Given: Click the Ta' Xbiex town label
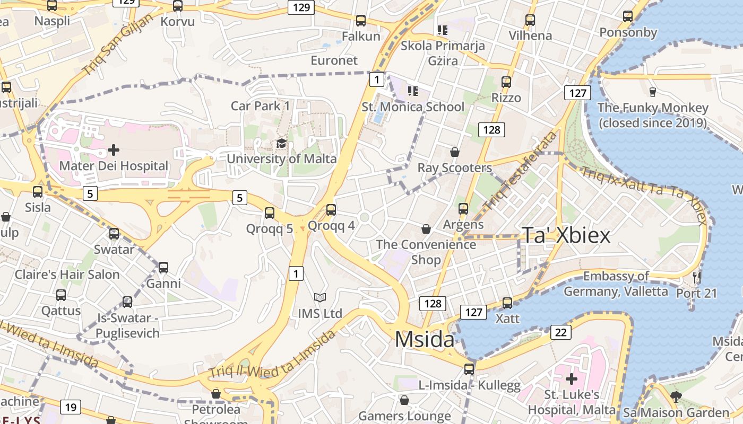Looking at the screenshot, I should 567,235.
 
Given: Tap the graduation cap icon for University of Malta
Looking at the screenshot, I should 281,144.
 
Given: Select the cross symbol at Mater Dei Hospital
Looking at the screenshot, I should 113,151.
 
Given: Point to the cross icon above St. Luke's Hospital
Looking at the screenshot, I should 571,379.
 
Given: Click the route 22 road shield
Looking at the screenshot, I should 561,332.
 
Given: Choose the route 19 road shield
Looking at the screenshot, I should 71,407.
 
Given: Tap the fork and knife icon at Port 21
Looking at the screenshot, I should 697,277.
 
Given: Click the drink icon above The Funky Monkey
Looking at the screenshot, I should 652,92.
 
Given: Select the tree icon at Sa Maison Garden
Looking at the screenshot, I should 676,396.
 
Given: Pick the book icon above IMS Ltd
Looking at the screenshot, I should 319,297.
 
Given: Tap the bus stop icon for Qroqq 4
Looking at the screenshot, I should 331,210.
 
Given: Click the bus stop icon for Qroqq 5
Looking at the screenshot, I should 270,213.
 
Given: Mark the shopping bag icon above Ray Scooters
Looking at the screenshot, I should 455,152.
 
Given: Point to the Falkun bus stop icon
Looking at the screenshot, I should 361,21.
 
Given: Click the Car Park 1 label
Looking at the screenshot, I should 261,105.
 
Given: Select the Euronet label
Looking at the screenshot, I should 334,60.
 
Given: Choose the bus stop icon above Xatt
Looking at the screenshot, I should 507,303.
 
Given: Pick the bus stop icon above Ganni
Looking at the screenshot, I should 163,268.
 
